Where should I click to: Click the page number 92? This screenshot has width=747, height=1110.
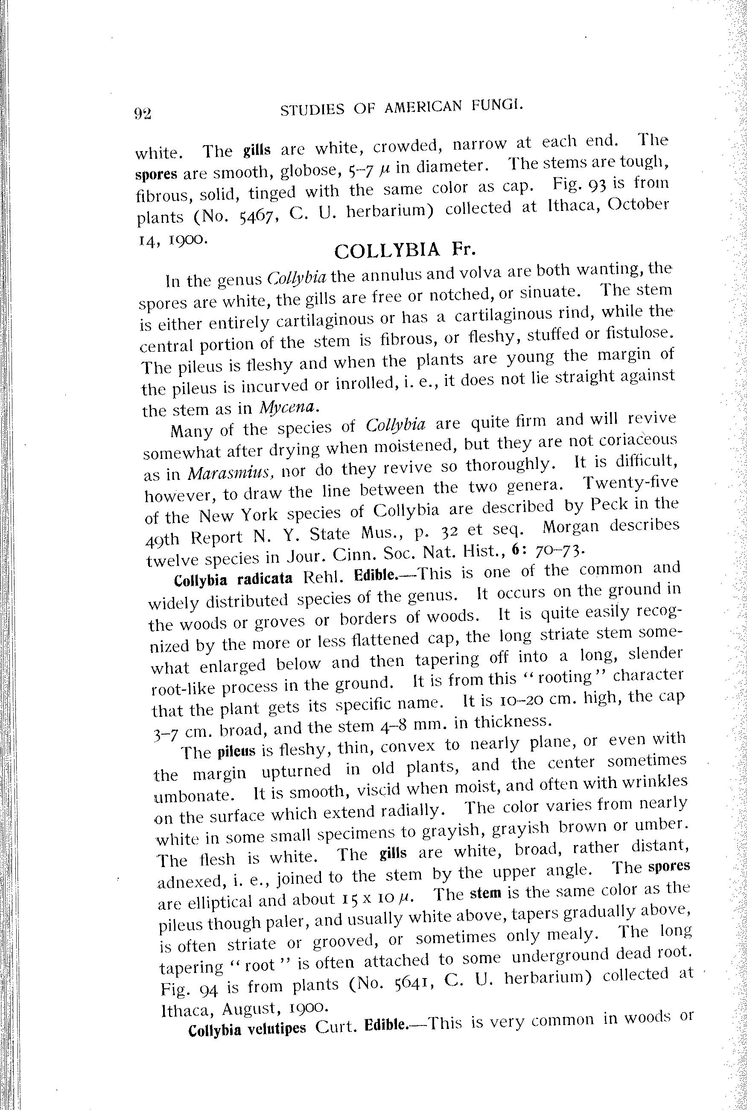pos(143,114)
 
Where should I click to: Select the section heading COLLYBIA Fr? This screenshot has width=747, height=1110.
pos(405,251)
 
